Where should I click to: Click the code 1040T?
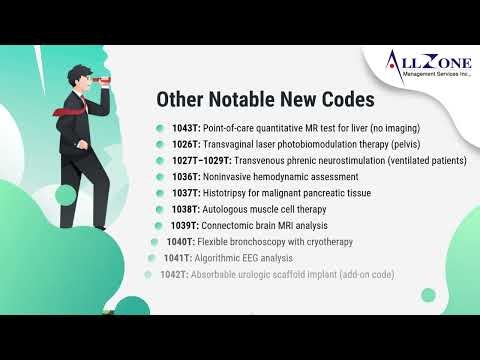tap(180, 241)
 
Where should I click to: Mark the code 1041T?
tap(178, 257)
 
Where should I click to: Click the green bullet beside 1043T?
tap(160, 128)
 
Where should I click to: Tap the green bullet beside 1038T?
tap(160, 209)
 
